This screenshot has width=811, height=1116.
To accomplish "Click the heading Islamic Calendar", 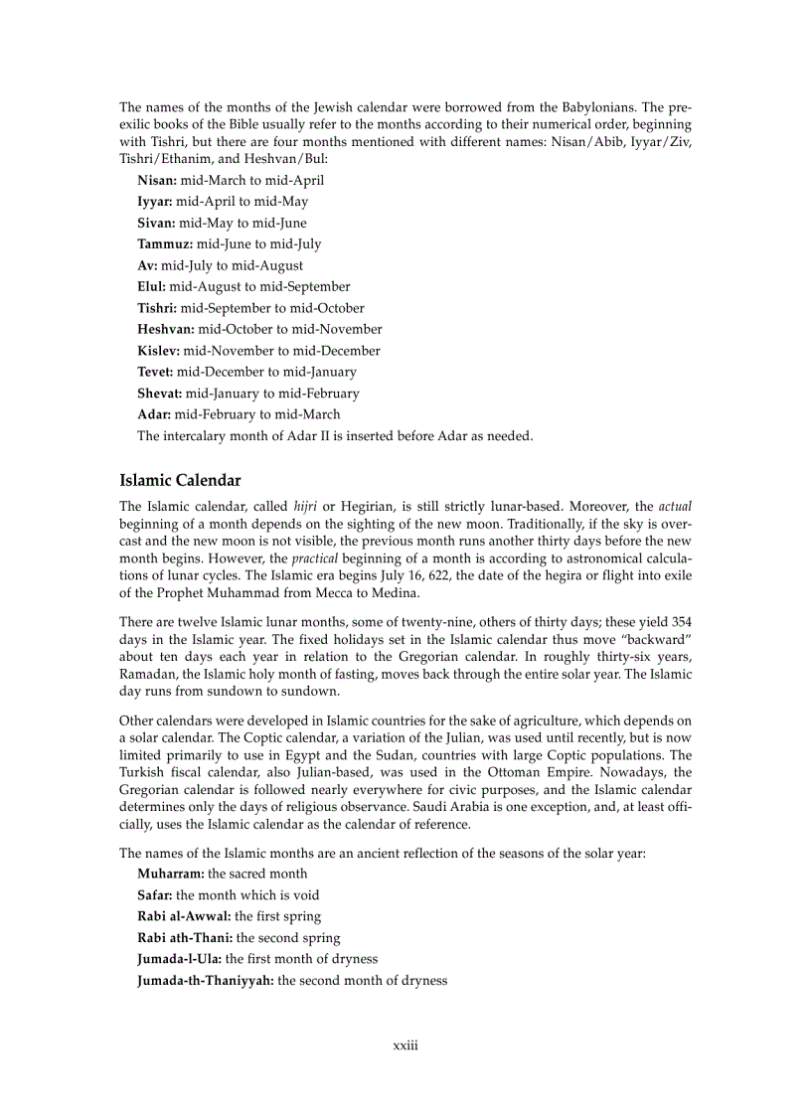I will coord(180,481).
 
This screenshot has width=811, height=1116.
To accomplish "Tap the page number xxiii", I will coord(405,1045).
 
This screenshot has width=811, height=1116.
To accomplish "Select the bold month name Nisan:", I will coord(157,181).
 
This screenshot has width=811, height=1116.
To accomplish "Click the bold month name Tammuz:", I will coord(165,244).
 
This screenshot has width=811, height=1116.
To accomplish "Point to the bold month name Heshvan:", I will coord(166,329).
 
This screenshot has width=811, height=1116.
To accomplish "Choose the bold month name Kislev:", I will coord(158,351).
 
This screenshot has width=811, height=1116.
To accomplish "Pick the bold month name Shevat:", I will coord(159,394).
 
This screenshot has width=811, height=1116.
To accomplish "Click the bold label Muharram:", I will coord(171,874).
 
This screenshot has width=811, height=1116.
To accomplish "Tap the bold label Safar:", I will coord(155,895).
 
